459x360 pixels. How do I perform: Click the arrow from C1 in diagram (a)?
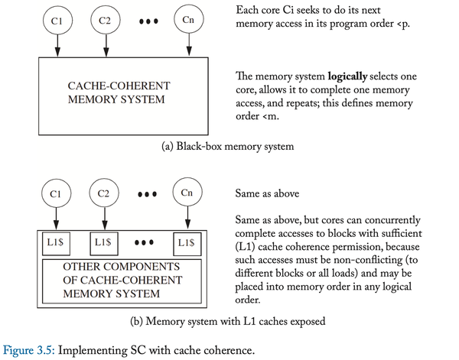57,46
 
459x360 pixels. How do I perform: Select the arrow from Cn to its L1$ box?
188,218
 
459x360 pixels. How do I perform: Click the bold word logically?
347,76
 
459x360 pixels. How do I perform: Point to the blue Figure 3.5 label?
28,350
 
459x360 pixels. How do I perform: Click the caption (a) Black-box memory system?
228,146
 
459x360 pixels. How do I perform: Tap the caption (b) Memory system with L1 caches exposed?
228,321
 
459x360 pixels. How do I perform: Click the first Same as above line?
267,193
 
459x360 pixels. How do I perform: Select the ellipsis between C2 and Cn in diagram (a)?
148,21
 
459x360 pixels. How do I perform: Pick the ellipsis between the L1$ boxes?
144,242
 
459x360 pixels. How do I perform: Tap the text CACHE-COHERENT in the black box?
119,86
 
